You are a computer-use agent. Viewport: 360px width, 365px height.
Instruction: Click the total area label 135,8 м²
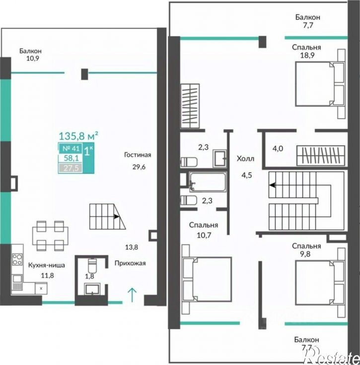78,136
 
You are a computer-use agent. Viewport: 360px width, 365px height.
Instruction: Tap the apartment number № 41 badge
70,148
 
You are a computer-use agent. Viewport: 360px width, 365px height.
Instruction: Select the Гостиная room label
138,155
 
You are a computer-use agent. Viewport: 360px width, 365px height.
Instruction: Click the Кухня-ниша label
47,265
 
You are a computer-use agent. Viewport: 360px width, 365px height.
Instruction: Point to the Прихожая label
130,263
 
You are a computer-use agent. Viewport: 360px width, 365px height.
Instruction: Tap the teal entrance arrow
132,295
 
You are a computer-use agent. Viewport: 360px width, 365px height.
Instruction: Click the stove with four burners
17,259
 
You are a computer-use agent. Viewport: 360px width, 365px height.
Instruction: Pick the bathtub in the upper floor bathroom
208,182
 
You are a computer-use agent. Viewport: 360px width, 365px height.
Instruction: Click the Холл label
245,159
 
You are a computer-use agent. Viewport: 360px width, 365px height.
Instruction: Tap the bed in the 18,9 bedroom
320,84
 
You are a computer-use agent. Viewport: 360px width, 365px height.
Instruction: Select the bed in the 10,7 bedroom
207,279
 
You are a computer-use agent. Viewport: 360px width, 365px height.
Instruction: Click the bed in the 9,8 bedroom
320,283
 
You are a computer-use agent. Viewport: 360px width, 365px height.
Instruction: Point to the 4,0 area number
278,148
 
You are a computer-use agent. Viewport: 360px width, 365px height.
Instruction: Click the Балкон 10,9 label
30,55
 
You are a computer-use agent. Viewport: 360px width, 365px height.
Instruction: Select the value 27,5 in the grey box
70,168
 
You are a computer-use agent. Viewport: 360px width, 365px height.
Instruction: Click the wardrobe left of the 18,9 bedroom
190,106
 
